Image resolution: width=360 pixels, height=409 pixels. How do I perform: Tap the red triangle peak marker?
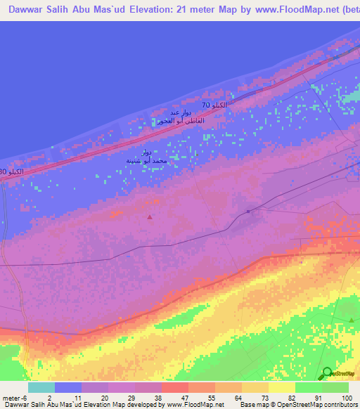(150, 217)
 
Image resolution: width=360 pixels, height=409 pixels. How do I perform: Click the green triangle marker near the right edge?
(352, 320)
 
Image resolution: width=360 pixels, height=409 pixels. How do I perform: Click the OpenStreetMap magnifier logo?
(326, 373)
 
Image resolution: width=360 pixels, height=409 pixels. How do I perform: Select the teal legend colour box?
(41, 387)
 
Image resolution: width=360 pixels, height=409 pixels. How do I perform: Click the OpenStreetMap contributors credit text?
(320, 404)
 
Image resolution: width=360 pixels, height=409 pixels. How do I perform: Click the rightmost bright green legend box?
(335, 387)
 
